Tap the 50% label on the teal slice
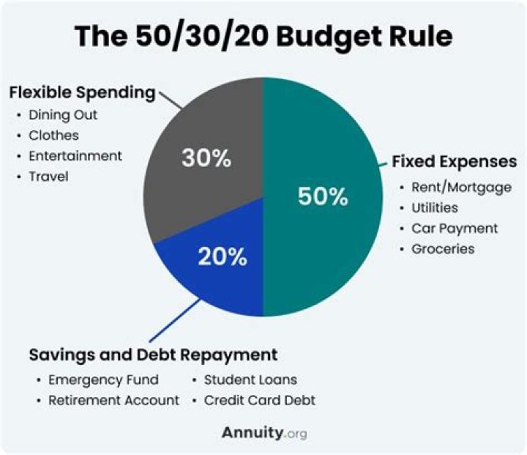click(323, 196)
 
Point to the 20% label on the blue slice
click(222, 256)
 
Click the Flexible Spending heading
click(82, 93)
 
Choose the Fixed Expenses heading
click(455, 161)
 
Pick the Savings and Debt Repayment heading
click(153, 355)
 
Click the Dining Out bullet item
click(62, 115)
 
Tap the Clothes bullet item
click(53, 136)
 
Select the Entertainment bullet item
click(75, 156)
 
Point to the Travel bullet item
click(48, 177)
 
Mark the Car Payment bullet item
click(454, 228)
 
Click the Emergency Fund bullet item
click(102, 380)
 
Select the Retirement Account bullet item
click(113, 401)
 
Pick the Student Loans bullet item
click(250, 380)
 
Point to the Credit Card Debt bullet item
click(259, 401)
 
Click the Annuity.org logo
click(264, 433)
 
